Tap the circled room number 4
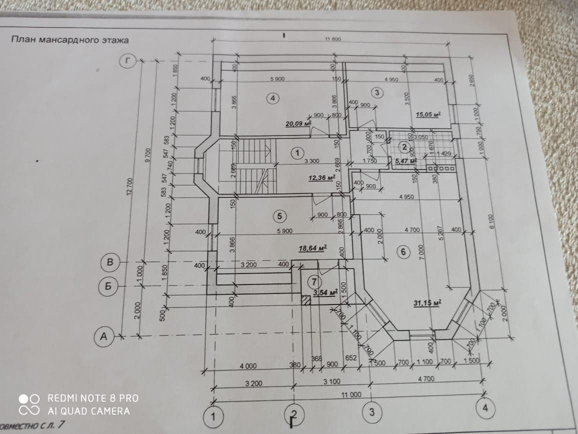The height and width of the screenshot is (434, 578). pos(272,98)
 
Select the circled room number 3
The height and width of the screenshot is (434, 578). pos(377,92)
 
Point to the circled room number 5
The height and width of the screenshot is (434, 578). pos(279,216)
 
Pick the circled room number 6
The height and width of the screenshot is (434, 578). pos(403,252)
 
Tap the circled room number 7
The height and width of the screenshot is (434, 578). pos(315,281)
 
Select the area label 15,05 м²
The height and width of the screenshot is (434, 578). pos(428,114)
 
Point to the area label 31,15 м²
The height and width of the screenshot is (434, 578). pos(426,302)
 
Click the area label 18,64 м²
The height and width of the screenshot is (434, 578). pos(312,247)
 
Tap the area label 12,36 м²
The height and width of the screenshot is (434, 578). pos(321,177)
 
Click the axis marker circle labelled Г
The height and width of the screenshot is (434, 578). pos(129,61)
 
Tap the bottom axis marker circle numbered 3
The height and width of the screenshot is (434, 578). pos(371,412)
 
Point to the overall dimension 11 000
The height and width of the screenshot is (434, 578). pos(351,395)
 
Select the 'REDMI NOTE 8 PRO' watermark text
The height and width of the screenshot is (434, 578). pos(93,398)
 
